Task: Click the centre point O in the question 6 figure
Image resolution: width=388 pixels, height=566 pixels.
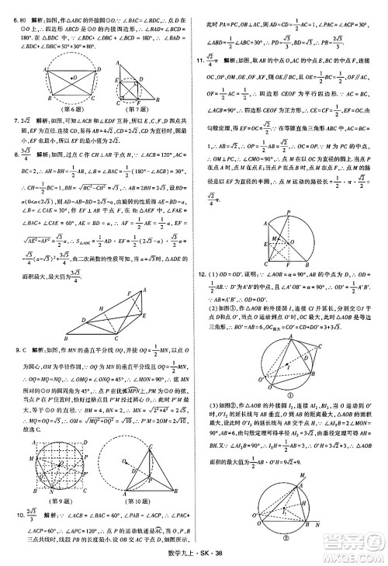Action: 73,78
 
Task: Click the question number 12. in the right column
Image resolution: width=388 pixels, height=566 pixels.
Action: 200,274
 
